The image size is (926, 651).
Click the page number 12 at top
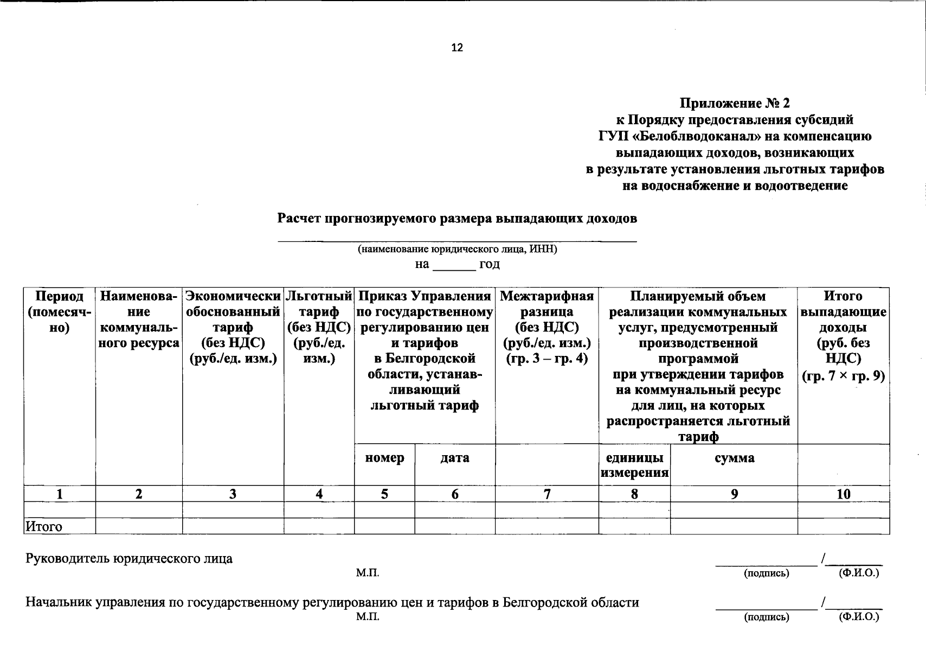(x=457, y=48)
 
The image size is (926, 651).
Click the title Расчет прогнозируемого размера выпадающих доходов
(x=457, y=219)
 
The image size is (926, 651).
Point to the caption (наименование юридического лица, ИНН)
(x=457, y=250)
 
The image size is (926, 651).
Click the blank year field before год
(x=454, y=266)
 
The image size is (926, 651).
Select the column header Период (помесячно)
(x=60, y=312)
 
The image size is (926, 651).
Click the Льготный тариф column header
(x=319, y=327)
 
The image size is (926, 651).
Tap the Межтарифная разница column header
(x=546, y=327)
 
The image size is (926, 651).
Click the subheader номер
(x=384, y=458)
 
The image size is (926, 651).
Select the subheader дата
(x=454, y=458)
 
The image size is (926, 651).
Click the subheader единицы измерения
(x=634, y=465)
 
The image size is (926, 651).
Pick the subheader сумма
(x=734, y=458)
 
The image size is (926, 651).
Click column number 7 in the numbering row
(x=546, y=494)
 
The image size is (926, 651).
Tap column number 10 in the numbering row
(x=843, y=494)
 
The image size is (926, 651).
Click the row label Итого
(x=44, y=527)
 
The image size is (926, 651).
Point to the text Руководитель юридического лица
(x=129, y=559)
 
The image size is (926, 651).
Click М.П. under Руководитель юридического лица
(x=368, y=573)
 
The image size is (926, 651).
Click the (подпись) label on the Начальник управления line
(x=766, y=617)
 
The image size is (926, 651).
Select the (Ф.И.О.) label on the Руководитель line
(x=858, y=573)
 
